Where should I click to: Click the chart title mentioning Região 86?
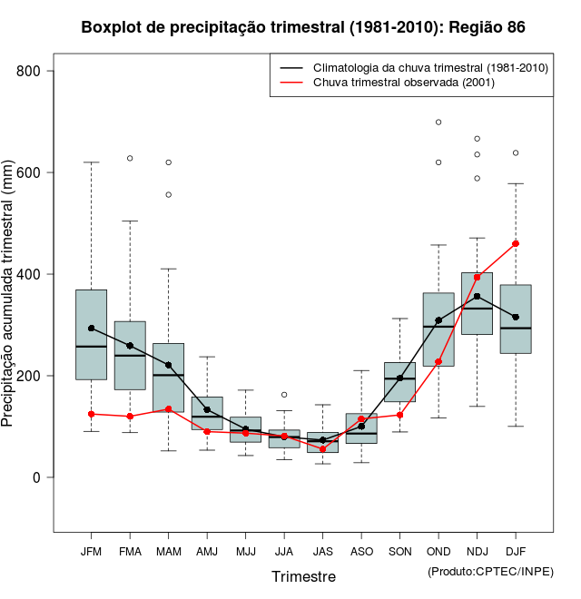click(x=303, y=27)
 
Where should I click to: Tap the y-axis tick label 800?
click(x=40, y=71)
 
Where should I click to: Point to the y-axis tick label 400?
click(x=40, y=274)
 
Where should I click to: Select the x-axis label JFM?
click(x=91, y=551)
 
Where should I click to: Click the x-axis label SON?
click(x=399, y=551)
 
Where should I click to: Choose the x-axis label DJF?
click(x=516, y=551)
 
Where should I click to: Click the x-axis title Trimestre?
click(x=303, y=576)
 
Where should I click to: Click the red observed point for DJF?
click(x=516, y=243)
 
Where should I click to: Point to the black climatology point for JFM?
click(x=91, y=329)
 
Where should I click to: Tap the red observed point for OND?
click(x=438, y=362)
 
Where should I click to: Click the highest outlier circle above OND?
click(x=438, y=122)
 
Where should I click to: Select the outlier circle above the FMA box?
click(x=130, y=158)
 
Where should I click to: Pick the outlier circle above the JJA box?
click(x=284, y=395)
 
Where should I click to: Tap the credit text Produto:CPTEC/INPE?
click(x=490, y=571)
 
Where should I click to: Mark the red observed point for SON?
click(x=399, y=415)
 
